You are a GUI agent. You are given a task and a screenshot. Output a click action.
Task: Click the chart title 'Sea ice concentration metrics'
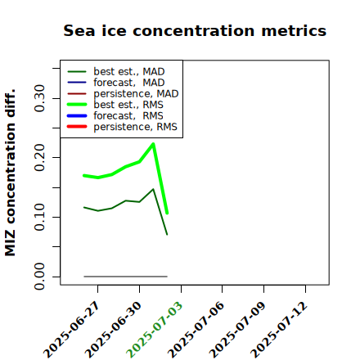195,30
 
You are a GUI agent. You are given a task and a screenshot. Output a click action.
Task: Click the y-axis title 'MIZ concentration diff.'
10,173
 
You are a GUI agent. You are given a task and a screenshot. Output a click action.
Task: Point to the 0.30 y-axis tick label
39,98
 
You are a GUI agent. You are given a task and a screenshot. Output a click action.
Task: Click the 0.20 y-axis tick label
39,158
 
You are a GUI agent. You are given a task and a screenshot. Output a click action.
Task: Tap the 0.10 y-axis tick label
39,217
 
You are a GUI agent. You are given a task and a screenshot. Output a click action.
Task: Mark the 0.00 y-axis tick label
39,277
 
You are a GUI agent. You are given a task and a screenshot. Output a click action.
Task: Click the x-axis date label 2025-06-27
72,330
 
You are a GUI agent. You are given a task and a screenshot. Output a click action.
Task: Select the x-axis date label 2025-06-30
114,330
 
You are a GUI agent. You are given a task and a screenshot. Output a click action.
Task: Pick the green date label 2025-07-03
155,330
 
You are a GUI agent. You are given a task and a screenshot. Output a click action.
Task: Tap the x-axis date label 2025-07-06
196,330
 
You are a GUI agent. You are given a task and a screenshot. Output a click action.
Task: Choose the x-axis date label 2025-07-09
237,330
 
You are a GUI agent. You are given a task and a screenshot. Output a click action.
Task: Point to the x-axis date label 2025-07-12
279,330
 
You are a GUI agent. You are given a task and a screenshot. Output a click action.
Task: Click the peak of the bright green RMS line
153,144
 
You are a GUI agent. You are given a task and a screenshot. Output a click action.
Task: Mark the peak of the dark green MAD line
153,189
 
